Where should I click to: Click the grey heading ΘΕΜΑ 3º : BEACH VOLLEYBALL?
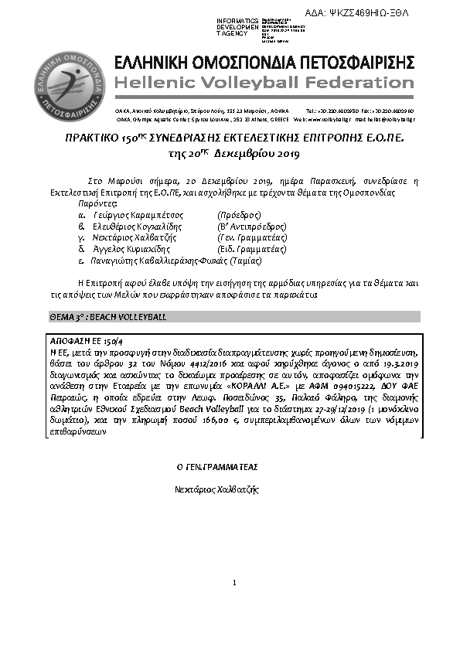[x=107, y=317]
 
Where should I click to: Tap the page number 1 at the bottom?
[x=233, y=582]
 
